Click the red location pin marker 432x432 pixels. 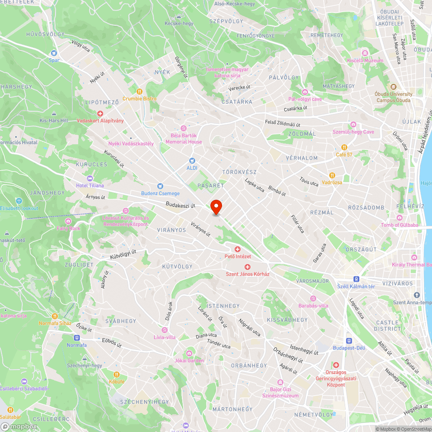[216, 207]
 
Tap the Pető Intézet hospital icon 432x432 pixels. [237, 249]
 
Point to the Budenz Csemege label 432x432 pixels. [160, 193]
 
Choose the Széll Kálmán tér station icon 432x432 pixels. [357, 279]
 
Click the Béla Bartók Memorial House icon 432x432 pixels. [184, 128]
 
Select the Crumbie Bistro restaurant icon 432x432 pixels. [139, 92]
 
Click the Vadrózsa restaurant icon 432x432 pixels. [332, 175]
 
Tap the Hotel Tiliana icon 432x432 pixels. [90, 178]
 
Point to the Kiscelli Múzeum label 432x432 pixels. [365, 60]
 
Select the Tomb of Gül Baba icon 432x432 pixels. [400, 218]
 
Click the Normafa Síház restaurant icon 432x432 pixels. [54, 316]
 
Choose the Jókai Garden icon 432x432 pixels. [189, 353]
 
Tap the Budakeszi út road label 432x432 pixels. [181, 206]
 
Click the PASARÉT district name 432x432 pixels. [210, 185]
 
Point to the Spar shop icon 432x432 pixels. [54, 53]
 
